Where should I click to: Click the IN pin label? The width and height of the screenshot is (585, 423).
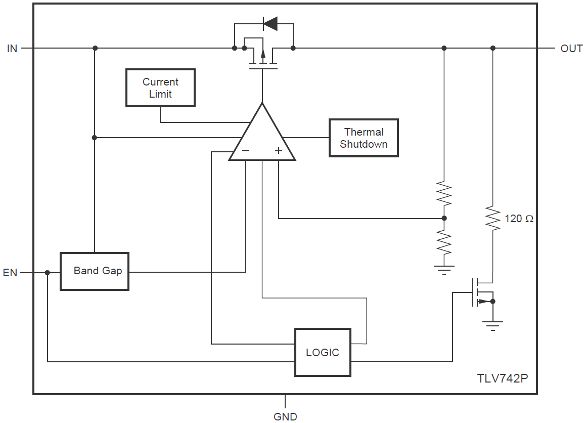pyautogui.click(x=12, y=49)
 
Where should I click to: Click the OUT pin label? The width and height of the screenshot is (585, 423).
pyautogui.click(x=571, y=49)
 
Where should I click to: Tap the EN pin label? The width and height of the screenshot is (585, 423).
pyautogui.click(x=10, y=273)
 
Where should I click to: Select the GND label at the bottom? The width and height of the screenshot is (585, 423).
pyautogui.click(x=285, y=416)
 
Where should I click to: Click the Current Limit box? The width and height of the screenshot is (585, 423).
pyautogui.click(x=160, y=88)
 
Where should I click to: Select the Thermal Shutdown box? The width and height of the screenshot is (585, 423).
pyautogui.click(x=364, y=138)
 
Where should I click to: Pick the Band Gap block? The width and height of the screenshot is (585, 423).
pyautogui.click(x=95, y=271)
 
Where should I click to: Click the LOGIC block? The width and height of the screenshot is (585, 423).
pyautogui.click(x=323, y=352)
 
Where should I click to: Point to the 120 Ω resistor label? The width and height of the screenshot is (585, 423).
pyautogui.click(x=519, y=219)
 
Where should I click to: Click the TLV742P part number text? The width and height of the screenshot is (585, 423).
pyautogui.click(x=502, y=378)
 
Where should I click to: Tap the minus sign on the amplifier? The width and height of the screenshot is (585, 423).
pyautogui.click(x=245, y=150)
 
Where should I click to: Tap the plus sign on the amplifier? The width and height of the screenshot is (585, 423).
pyautogui.click(x=278, y=150)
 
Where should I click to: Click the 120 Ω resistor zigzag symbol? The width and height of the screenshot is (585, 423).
pyautogui.click(x=492, y=218)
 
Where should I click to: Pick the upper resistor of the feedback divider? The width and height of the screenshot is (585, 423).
pyautogui.click(x=444, y=193)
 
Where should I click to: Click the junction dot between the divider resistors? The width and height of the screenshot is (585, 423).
pyautogui.click(x=444, y=218)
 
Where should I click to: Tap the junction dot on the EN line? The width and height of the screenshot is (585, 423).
pyautogui.click(x=48, y=273)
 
